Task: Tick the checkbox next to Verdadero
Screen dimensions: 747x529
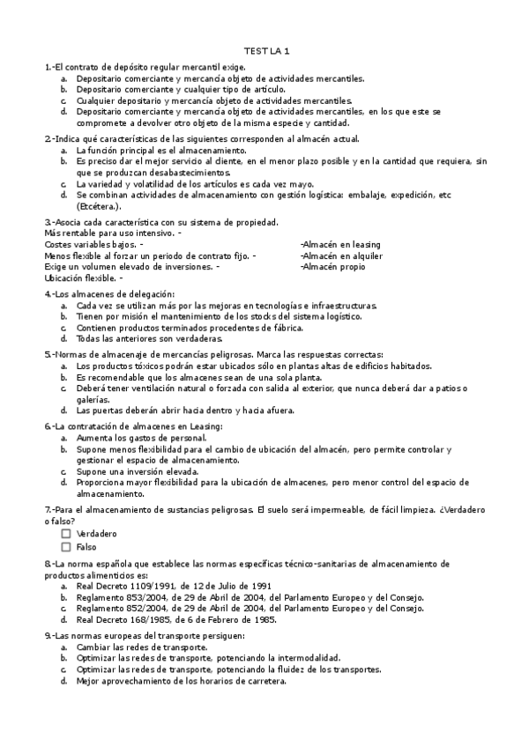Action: (x=66, y=534)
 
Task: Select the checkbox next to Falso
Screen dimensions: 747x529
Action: (x=66, y=547)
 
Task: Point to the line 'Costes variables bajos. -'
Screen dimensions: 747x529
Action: (x=93, y=243)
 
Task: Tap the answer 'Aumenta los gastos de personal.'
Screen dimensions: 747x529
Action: (x=141, y=438)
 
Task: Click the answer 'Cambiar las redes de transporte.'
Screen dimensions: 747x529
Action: (x=142, y=647)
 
